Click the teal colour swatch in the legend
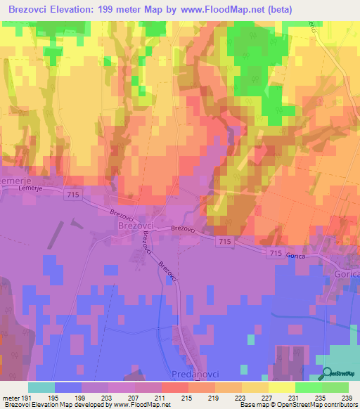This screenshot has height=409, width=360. pyautogui.click(x=41, y=387)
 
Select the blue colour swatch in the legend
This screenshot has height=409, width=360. pyautogui.click(x=68, y=387)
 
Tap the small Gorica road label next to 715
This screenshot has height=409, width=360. pyautogui.click(x=295, y=257)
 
